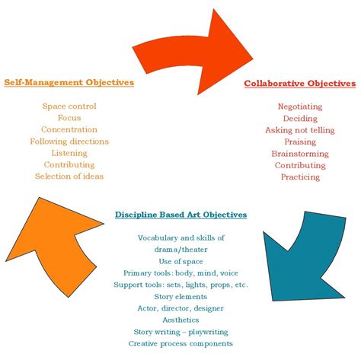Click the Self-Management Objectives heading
click(69, 81)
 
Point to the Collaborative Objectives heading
click(299, 83)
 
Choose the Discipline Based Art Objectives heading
click(180, 215)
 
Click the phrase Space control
click(69, 106)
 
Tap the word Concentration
click(69, 129)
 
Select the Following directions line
click(69, 141)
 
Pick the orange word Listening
click(69, 153)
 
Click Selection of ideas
click(69, 176)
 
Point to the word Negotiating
click(300, 107)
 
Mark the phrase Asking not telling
click(300, 130)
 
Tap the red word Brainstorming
click(300, 153)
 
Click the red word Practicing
click(300, 177)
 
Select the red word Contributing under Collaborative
click(300, 165)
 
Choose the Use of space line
click(181, 261)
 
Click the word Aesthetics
click(181, 320)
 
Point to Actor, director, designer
click(181, 308)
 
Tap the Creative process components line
click(181, 343)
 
